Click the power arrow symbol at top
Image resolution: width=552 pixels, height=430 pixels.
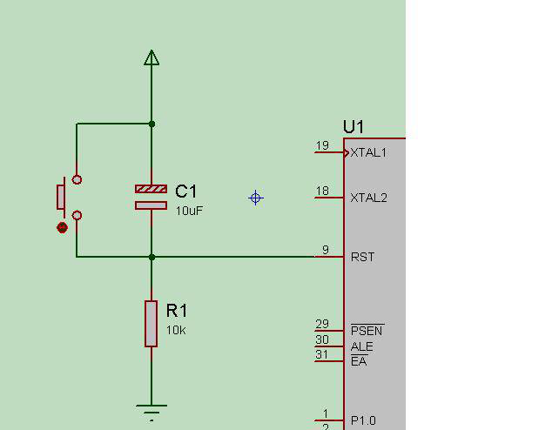click(x=151, y=57)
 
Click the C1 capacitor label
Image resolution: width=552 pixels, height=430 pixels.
click(x=186, y=191)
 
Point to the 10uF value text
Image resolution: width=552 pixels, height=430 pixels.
click(x=190, y=211)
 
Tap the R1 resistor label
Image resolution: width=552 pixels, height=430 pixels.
click(x=177, y=311)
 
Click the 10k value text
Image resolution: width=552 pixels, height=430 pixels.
click(x=176, y=330)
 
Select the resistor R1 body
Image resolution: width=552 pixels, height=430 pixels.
click(x=151, y=323)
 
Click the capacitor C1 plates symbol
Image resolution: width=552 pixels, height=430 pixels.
click(x=151, y=197)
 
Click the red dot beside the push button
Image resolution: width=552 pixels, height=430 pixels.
click(x=62, y=228)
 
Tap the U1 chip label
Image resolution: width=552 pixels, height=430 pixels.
click(x=353, y=127)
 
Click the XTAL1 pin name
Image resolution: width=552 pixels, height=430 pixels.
click(x=368, y=152)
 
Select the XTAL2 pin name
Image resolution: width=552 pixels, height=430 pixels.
click(x=368, y=198)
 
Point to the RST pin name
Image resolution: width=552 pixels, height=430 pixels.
click(x=362, y=257)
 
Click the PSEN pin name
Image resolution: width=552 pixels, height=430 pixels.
click(x=367, y=331)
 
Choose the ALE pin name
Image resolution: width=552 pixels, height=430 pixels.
click(x=361, y=346)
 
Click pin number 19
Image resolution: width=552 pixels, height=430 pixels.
click(x=323, y=145)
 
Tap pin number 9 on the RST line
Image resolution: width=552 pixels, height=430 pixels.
click(x=326, y=250)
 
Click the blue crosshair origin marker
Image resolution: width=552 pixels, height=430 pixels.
click(x=256, y=198)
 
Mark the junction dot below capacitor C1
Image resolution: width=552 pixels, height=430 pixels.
click(x=151, y=257)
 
